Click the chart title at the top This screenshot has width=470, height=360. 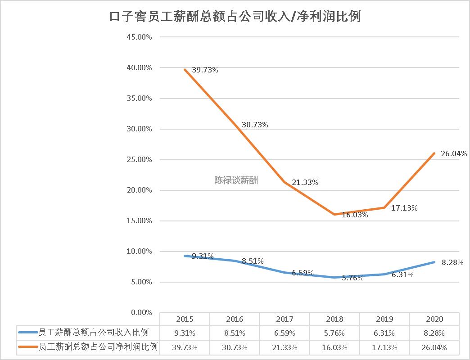(x=235, y=17)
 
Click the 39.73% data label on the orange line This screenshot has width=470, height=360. (x=205, y=70)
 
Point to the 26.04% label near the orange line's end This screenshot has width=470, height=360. (x=454, y=153)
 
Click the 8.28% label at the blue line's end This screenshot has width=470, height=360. (x=452, y=263)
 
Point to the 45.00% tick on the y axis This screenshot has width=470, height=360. (x=140, y=37)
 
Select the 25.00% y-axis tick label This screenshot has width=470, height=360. (x=140, y=159)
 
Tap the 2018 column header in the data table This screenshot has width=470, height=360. (x=334, y=319)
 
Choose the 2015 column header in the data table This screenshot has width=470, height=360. (x=185, y=319)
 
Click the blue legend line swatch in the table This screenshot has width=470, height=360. (x=28, y=333)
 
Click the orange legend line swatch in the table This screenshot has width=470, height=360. (x=28, y=347)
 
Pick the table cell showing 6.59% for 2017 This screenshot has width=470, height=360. (x=284, y=333)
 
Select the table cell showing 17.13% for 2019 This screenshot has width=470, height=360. (x=384, y=347)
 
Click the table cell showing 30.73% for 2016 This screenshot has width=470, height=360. (x=235, y=347)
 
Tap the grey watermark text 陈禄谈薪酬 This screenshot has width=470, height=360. (x=236, y=180)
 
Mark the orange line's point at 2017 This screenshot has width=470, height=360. (x=285, y=182)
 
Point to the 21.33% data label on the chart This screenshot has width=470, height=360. (x=305, y=182)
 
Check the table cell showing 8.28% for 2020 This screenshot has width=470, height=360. (x=434, y=333)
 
